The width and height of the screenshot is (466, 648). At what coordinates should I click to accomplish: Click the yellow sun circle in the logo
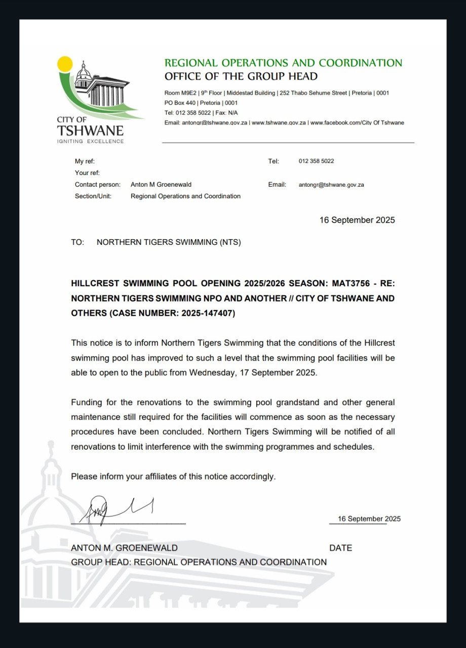pos(65,64)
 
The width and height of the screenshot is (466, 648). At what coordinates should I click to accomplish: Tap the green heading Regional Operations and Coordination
pos(283,63)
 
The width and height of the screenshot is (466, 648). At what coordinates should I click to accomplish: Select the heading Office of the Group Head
pos(241,76)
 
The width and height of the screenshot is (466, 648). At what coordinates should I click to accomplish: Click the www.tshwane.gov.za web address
pos(279,123)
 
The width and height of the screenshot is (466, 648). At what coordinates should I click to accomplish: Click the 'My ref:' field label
pos(85,161)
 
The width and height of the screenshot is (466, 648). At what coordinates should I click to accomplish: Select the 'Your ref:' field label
pos(87,173)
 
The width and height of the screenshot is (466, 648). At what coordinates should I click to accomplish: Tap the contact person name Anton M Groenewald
pos(161,185)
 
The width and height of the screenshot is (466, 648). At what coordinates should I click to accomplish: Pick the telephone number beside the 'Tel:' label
pos(316,161)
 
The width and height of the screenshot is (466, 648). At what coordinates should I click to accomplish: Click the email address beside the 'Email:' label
pos(331,185)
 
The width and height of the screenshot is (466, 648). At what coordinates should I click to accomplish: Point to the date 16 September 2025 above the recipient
pos(357,220)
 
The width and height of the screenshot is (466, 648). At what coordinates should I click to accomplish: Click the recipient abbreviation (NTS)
pos(230,242)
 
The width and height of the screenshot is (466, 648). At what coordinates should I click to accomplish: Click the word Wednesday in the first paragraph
pos(212,373)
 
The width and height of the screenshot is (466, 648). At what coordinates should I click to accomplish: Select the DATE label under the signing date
pos(340,548)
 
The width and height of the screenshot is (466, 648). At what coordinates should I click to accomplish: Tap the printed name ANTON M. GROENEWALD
pos(124,548)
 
